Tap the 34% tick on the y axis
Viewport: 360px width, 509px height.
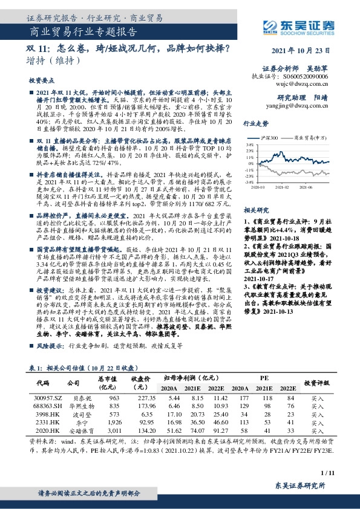click(x=248, y=145)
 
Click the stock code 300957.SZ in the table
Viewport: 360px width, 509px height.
click(x=48, y=398)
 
